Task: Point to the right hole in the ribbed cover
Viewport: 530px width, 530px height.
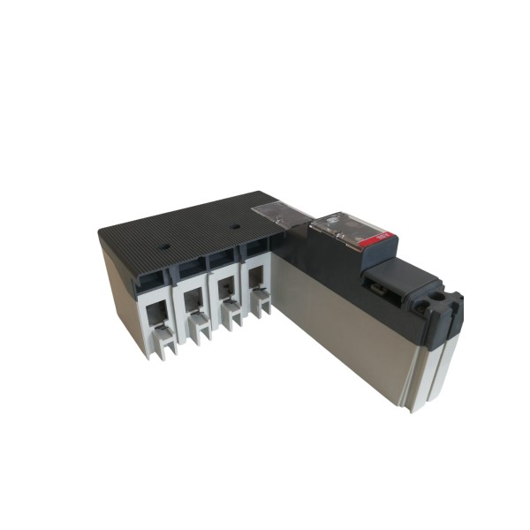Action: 234,225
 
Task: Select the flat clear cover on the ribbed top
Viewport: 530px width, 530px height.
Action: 278,213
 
